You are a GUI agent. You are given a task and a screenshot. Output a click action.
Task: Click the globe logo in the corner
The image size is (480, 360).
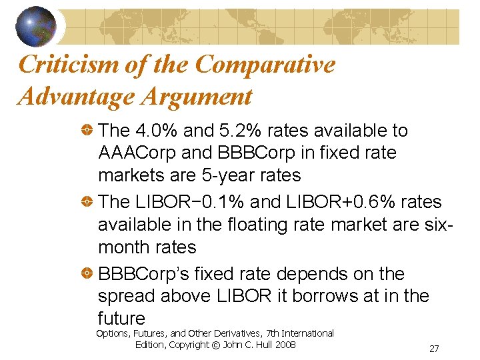click(36, 26)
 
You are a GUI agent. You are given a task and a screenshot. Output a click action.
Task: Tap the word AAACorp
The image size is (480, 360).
click(137, 153)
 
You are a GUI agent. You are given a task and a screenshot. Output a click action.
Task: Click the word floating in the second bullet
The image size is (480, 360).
click(254, 225)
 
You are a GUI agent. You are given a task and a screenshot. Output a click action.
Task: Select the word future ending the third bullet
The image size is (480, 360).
click(121, 318)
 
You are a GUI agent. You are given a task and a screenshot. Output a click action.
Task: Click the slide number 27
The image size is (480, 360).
click(434, 349)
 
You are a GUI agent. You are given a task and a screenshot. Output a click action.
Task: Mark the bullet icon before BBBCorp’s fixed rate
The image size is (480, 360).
click(86, 274)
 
